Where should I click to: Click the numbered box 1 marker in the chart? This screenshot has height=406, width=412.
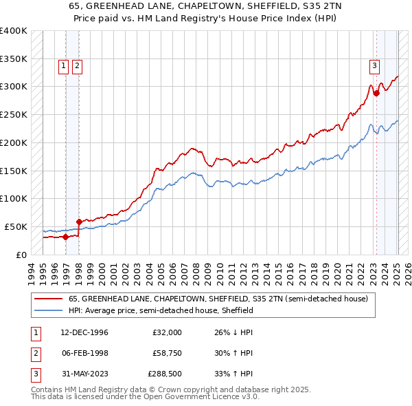63,66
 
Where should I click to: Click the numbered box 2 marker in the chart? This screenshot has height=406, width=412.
76,66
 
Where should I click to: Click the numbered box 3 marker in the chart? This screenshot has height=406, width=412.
375,66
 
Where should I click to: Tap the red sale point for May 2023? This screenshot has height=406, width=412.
376,94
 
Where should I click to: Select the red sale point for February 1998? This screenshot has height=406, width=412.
79,222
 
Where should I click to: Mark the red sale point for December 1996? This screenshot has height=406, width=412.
65,237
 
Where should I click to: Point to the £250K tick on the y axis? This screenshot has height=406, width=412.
14,115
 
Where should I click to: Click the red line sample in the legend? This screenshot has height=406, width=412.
49,299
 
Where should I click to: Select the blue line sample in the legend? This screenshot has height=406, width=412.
49,310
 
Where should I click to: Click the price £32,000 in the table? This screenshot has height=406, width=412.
167,332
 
